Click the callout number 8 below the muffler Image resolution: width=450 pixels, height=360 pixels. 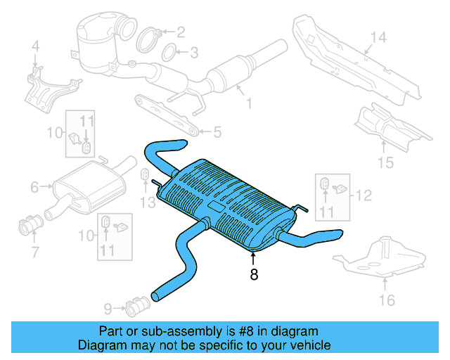point(254,275)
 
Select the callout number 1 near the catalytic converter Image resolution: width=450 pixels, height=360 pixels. point(248,105)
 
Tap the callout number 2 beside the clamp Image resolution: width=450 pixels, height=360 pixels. point(181,32)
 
